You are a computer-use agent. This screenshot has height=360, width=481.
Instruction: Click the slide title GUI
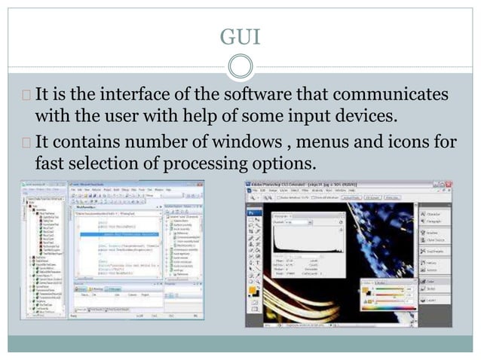click(x=240, y=35)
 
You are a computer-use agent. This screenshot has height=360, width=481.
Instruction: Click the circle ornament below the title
click(x=240, y=68)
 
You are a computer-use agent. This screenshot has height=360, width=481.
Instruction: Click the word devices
click(x=367, y=117)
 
